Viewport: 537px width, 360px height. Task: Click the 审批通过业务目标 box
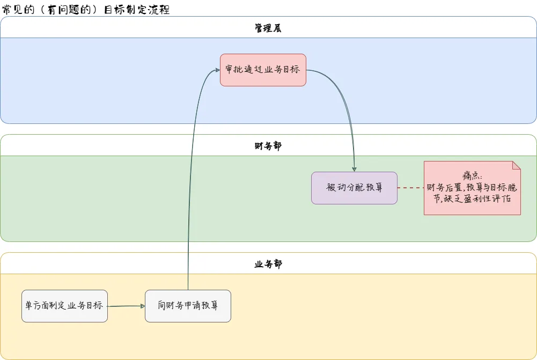[263, 70]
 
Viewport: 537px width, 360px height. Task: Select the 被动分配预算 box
[354, 188]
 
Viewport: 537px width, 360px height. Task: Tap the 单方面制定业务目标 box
[64, 306]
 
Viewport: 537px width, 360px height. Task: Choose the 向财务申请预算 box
[188, 306]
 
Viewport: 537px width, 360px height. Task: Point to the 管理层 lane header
[268, 28]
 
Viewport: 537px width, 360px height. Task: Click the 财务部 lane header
[268, 146]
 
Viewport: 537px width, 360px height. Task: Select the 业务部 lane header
[268, 264]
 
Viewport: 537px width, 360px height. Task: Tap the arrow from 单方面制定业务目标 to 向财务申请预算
[126, 306]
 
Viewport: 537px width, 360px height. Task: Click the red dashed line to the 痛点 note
[410, 188]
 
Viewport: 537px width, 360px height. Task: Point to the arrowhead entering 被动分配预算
[354, 168]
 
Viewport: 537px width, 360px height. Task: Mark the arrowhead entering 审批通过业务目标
[217, 70]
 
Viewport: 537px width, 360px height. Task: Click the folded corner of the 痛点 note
[516, 165]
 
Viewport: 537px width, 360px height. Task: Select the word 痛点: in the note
[472, 177]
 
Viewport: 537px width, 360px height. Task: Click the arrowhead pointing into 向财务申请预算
[142, 306]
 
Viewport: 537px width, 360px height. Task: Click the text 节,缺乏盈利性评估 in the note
[472, 198]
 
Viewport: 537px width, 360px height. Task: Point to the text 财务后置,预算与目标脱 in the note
[472, 187]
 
